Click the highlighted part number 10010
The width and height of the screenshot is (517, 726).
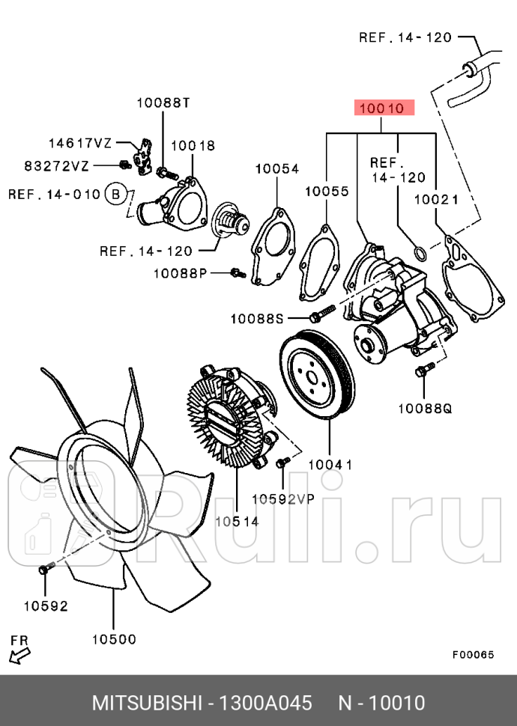[x=381, y=109]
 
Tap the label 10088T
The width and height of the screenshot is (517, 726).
[x=163, y=103]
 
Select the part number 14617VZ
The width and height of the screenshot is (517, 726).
[x=80, y=142]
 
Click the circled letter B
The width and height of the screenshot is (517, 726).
[x=115, y=195]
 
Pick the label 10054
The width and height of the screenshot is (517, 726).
[x=276, y=169]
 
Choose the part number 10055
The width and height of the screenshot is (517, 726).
[x=327, y=192]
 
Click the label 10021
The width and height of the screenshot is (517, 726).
[x=435, y=199]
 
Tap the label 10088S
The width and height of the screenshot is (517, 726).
[x=257, y=318]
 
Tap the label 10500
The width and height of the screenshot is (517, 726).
[x=114, y=639]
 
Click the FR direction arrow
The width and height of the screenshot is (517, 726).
[x=19, y=655]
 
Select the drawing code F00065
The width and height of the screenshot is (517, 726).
[x=473, y=653]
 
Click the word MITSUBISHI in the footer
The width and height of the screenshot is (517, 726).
[x=147, y=704]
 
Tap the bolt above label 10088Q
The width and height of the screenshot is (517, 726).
[x=425, y=370]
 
